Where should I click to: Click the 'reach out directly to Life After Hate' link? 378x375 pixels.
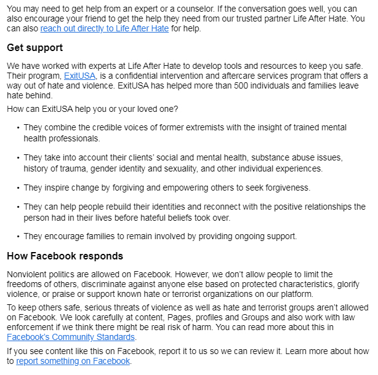105,28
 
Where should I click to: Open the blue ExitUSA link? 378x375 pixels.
79,76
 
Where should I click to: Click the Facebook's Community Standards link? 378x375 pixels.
71,337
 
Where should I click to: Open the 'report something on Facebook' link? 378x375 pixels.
73,361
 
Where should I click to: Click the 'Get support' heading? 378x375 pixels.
34,48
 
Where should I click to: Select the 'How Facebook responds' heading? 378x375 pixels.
65,256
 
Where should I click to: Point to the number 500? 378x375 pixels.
237,86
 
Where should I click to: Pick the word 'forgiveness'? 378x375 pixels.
285,187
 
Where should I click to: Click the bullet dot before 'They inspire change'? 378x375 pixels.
17,187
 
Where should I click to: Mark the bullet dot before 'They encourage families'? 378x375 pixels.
17,236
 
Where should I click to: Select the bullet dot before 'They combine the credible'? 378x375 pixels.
17,128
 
